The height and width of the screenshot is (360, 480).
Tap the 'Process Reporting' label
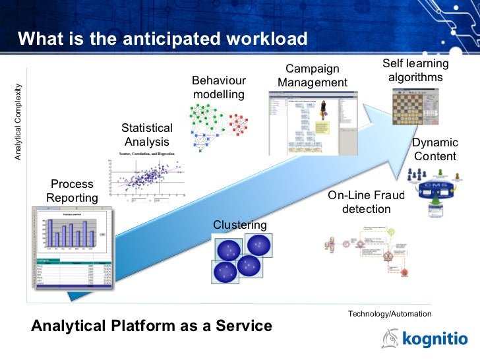[72, 191]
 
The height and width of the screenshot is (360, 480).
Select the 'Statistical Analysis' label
[147, 135]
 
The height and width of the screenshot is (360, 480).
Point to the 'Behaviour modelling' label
[219, 88]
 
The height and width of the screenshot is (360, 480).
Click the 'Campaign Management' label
[312, 76]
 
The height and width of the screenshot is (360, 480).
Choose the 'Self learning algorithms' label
[415, 71]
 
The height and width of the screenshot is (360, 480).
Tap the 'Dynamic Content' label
[435, 150]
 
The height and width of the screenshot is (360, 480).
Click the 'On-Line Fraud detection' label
[366, 202]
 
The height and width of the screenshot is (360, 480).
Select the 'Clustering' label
[240, 225]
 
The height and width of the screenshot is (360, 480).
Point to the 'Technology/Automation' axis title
[389, 314]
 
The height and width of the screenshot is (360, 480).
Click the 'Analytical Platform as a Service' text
[152, 326]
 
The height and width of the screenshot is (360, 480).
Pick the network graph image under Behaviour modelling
[218, 125]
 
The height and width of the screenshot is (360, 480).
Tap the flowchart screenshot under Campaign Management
[311, 122]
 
